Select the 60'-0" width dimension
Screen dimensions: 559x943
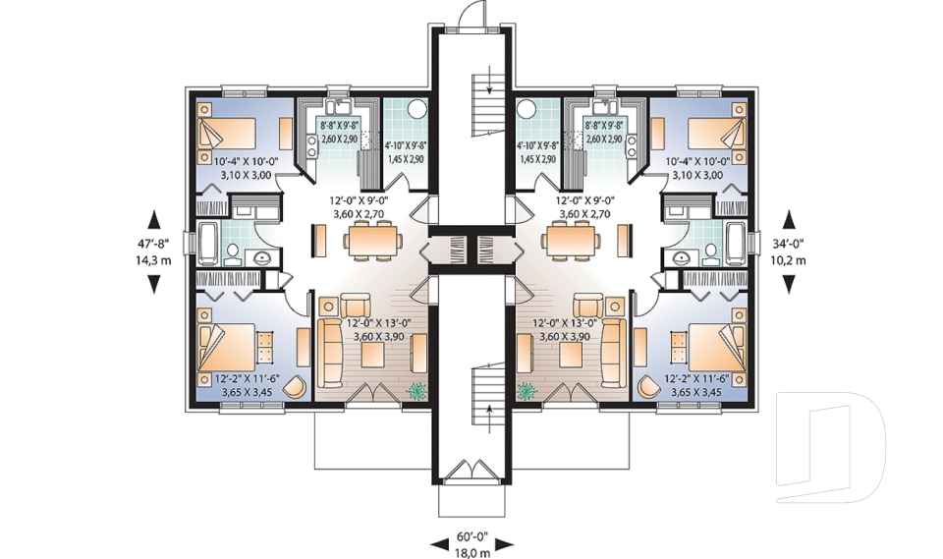pos(471,539)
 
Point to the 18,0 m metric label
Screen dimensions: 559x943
pos(471,552)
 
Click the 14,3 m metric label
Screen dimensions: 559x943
pos(154,260)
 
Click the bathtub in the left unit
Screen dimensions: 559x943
pos(208,243)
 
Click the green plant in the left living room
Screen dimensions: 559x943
pos(417,390)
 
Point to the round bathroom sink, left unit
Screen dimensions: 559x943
pos(261,258)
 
